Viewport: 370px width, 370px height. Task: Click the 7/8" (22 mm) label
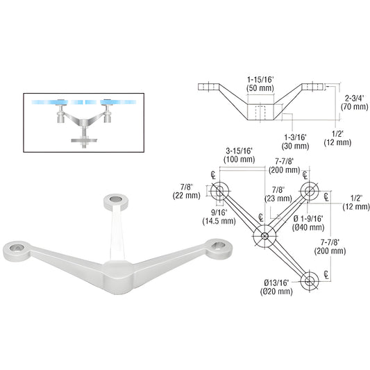click(x=187, y=190)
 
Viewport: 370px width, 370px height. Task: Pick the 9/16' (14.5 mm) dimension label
click(x=223, y=217)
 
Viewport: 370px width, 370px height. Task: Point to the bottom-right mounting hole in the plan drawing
click(x=310, y=279)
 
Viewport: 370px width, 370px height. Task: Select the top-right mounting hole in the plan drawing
click(x=308, y=192)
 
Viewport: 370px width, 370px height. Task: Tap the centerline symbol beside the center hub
click(x=260, y=217)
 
